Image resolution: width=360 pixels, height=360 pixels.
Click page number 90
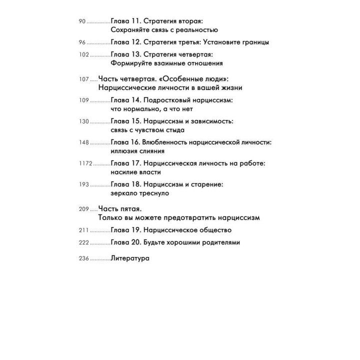pyautogui.click(x=82, y=22)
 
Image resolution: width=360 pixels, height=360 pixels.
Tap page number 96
pyautogui.click(x=82, y=42)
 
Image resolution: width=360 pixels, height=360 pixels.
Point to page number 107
pyautogui.click(x=84, y=79)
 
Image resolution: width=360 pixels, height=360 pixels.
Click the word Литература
pyautogui.click(x=130, y=258)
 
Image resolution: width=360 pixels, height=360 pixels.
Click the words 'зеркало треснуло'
pyautogui.click(x=140, y=193)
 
